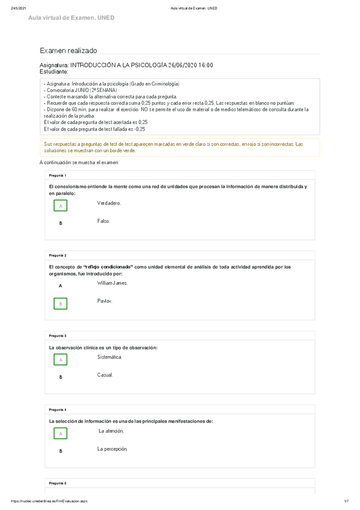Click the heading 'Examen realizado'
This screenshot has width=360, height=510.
pos(68,52)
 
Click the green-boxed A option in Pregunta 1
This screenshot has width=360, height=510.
pos(60,206)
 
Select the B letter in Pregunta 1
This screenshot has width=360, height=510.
pos(60,223)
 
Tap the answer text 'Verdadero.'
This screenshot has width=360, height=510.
pos(109,203)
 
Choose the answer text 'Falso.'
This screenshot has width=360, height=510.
pos(103,221)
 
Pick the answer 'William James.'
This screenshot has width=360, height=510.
pos(112,283)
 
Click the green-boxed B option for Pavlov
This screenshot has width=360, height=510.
pos(60,304)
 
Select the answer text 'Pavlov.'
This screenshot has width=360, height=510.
pos(105,301)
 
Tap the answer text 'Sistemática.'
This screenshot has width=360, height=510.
pos(109,357)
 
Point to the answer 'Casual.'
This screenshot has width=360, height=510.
pos(105,375)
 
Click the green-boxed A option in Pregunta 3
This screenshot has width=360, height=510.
pos(60,360)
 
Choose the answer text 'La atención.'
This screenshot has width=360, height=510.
pos(111,431)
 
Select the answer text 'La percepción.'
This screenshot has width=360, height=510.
pos(112,449)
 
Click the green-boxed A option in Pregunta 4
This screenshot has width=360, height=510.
pos(60,434)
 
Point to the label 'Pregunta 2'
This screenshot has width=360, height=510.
pos(58,256)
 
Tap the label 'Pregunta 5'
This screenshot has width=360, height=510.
pos(58,484)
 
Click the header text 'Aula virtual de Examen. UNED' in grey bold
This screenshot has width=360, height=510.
pos(71,18)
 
